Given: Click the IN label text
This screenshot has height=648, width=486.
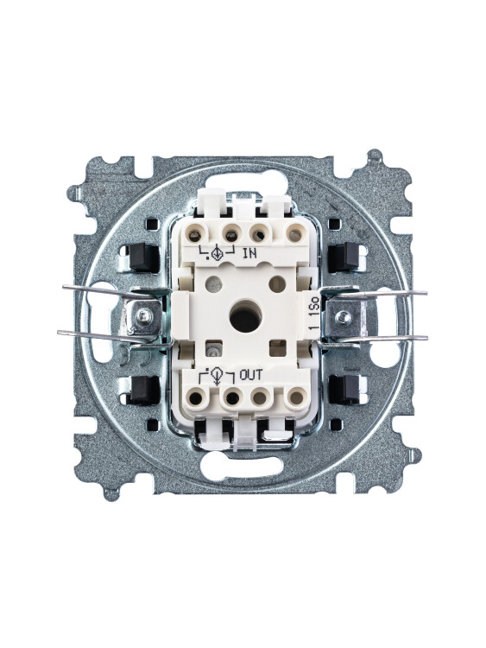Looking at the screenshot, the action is [x=249, y=253].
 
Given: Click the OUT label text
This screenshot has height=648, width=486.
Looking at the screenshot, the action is [x=250, y=375].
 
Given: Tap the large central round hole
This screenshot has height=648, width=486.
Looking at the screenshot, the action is [x=245, y=318].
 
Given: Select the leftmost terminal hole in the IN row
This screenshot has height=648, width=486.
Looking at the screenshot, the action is [x=194, y=236].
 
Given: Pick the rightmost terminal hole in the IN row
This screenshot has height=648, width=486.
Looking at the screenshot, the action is [x=294, y=235].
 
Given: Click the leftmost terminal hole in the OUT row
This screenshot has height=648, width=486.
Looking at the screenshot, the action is [x=196, y=398].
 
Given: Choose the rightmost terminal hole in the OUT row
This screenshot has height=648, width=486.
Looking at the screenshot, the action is [x=296, y=398].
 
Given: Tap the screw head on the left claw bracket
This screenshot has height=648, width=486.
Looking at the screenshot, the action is [x=144, y=316].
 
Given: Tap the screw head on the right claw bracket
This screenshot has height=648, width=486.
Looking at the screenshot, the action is [x=343, y=317].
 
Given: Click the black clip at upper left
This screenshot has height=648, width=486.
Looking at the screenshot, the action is [x=143, y=257].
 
